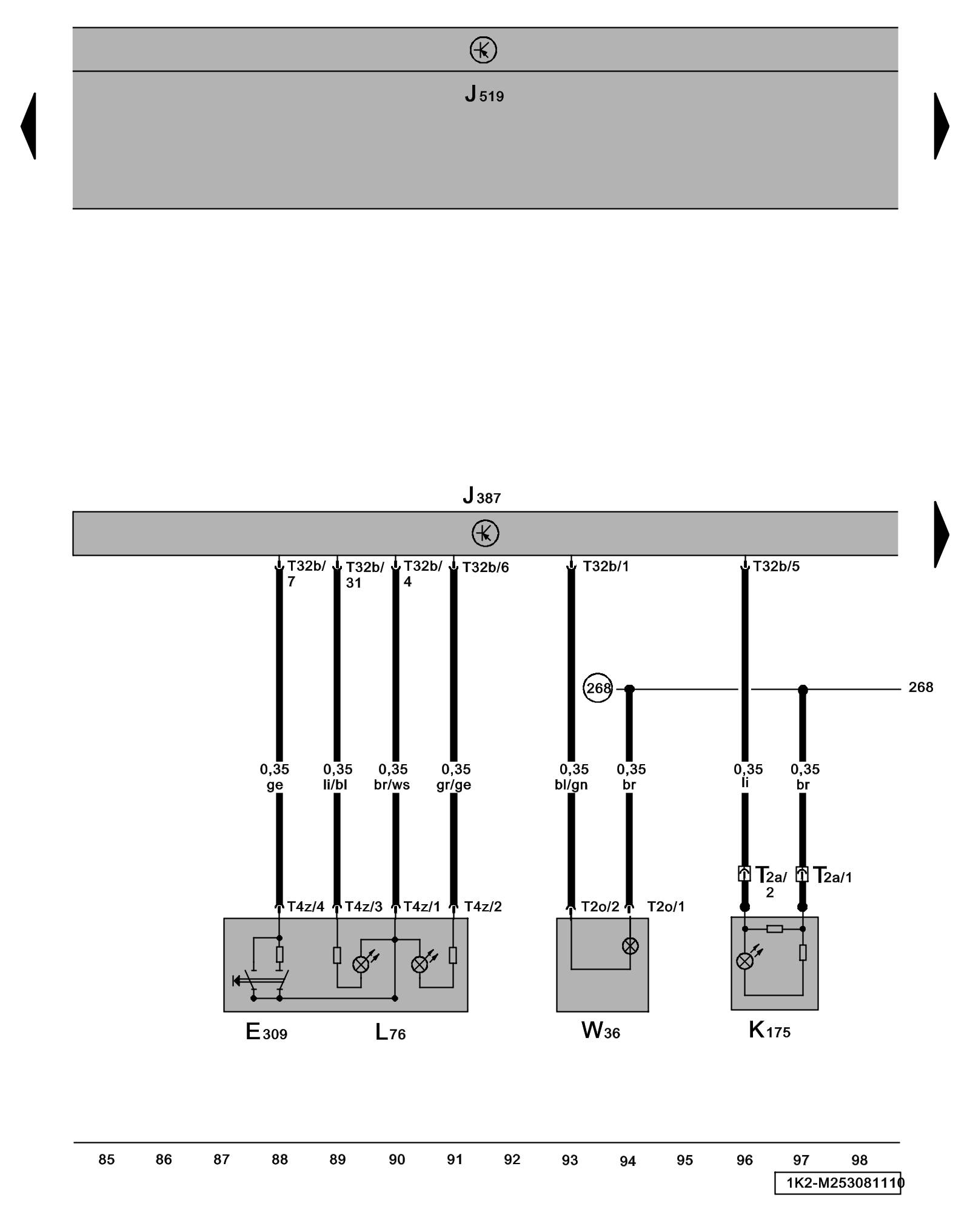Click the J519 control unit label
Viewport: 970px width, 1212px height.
click(484, 95)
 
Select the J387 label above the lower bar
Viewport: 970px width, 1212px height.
click(482, 496)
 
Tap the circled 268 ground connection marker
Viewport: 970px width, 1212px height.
click(598, 688)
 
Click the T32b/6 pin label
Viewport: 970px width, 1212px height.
click(486, 567)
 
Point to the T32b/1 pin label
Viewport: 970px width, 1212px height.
click(606, 566)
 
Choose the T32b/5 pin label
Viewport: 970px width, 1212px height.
click(776, 566)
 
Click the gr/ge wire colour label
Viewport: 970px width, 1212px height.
click(453, 785)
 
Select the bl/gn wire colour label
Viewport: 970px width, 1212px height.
click(571, 785)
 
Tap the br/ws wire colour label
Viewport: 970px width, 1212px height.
click(392, 785)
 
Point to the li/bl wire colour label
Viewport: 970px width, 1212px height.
click(335, 785)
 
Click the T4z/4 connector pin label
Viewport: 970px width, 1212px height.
click(306, 907)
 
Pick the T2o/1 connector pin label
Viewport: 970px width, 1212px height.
click(666, 907)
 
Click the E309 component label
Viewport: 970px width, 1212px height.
click(266, 1031)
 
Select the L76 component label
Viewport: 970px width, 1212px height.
click(390, 1032)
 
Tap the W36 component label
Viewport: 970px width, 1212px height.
click(600, 1030)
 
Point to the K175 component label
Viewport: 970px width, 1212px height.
click(769, 1030)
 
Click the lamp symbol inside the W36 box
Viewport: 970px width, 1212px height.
click(630, 945)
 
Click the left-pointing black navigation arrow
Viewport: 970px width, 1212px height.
click(28, 126)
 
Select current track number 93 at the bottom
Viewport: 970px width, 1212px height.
click(569, 1160)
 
